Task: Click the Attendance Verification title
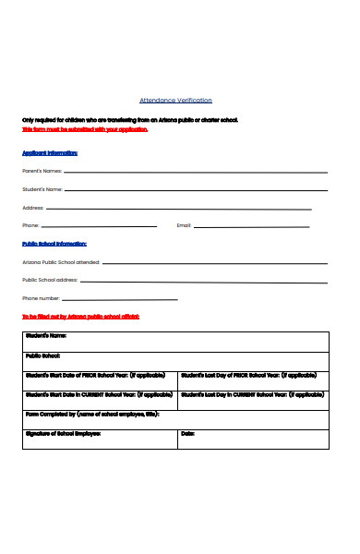[175, 100]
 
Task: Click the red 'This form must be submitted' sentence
[85, 129]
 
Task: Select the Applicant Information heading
[50, 153]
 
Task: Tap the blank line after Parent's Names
[195, 172]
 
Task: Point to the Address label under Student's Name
[33, 208]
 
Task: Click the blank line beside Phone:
[100, 225]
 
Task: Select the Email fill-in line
[259, 225]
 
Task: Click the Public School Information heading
[54, 244]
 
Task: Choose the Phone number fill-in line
[121, 298]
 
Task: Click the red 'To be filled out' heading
[81, 317]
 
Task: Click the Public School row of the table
[175, 361]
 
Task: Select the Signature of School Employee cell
[99, 438]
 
